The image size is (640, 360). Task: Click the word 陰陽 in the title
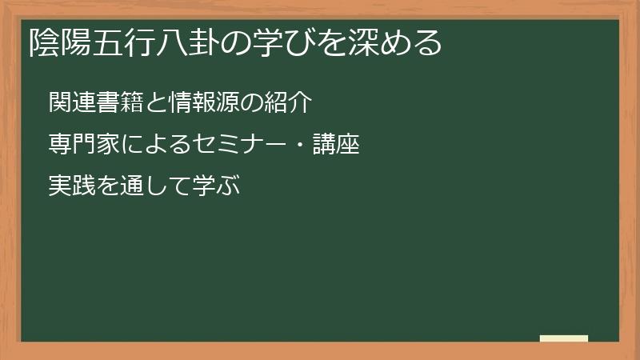pyautogui.click(x=56, y=42)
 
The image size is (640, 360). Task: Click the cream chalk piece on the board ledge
pyautogui.click(x=564, y=339)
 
